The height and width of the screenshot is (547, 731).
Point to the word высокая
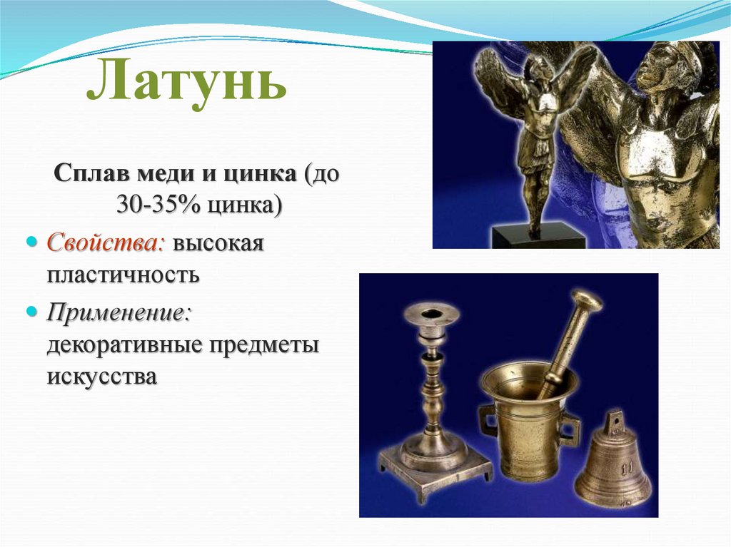218,244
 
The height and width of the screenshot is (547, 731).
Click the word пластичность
123,275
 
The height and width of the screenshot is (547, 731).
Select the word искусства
101,377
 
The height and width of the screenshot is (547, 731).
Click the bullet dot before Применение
31,310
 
